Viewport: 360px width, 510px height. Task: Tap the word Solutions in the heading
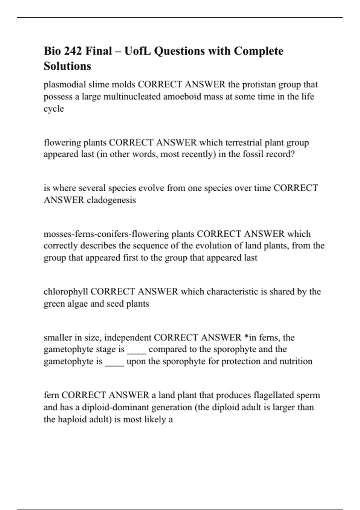[67, 66]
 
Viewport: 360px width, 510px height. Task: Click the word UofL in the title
[137, 51]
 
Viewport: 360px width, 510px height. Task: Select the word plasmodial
[65, 85]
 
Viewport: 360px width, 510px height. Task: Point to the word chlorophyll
[66, 292]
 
